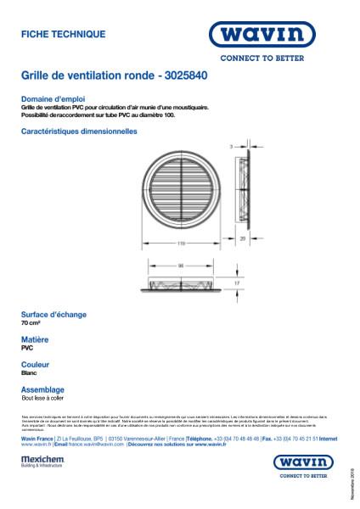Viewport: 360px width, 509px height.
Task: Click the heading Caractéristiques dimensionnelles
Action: (x=78, y=131)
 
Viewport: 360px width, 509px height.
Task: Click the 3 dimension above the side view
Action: (x=231, y=147)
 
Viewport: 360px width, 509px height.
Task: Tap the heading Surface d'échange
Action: (x=53, y=315)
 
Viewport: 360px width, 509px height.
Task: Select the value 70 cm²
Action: (x=30, y=324)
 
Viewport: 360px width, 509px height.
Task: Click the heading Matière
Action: (x=34, y=339)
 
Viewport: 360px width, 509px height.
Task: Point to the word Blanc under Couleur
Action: (x=29, y=372)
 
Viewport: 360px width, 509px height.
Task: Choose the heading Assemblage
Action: (x=42, y=389)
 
